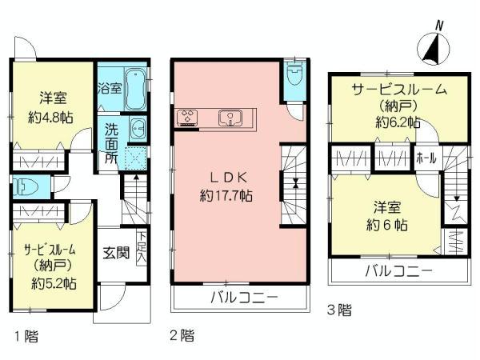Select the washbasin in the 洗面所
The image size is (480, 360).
[x=138, y=127]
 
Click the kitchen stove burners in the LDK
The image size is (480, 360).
[x=189, y=118]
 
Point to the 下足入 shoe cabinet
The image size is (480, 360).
[x=142, y=247]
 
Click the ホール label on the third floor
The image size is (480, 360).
[x=426, y=158]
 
